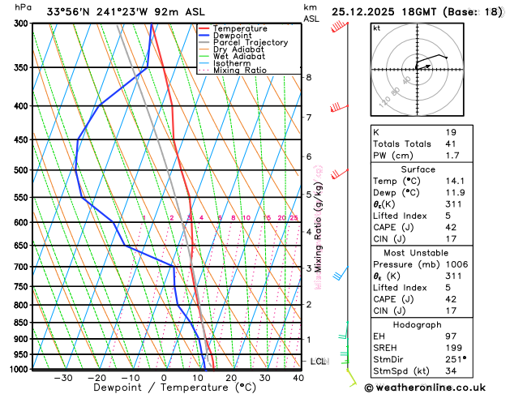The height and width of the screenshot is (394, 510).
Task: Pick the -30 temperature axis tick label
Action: (x=62, y=378)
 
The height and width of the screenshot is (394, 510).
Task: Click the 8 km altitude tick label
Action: (x=309, y=77)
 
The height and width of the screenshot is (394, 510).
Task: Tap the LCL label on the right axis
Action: (x=319, y=362)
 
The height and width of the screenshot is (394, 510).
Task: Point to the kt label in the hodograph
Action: (x=376, y=28)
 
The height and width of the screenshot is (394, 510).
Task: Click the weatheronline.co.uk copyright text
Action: (x=435, y=387)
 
